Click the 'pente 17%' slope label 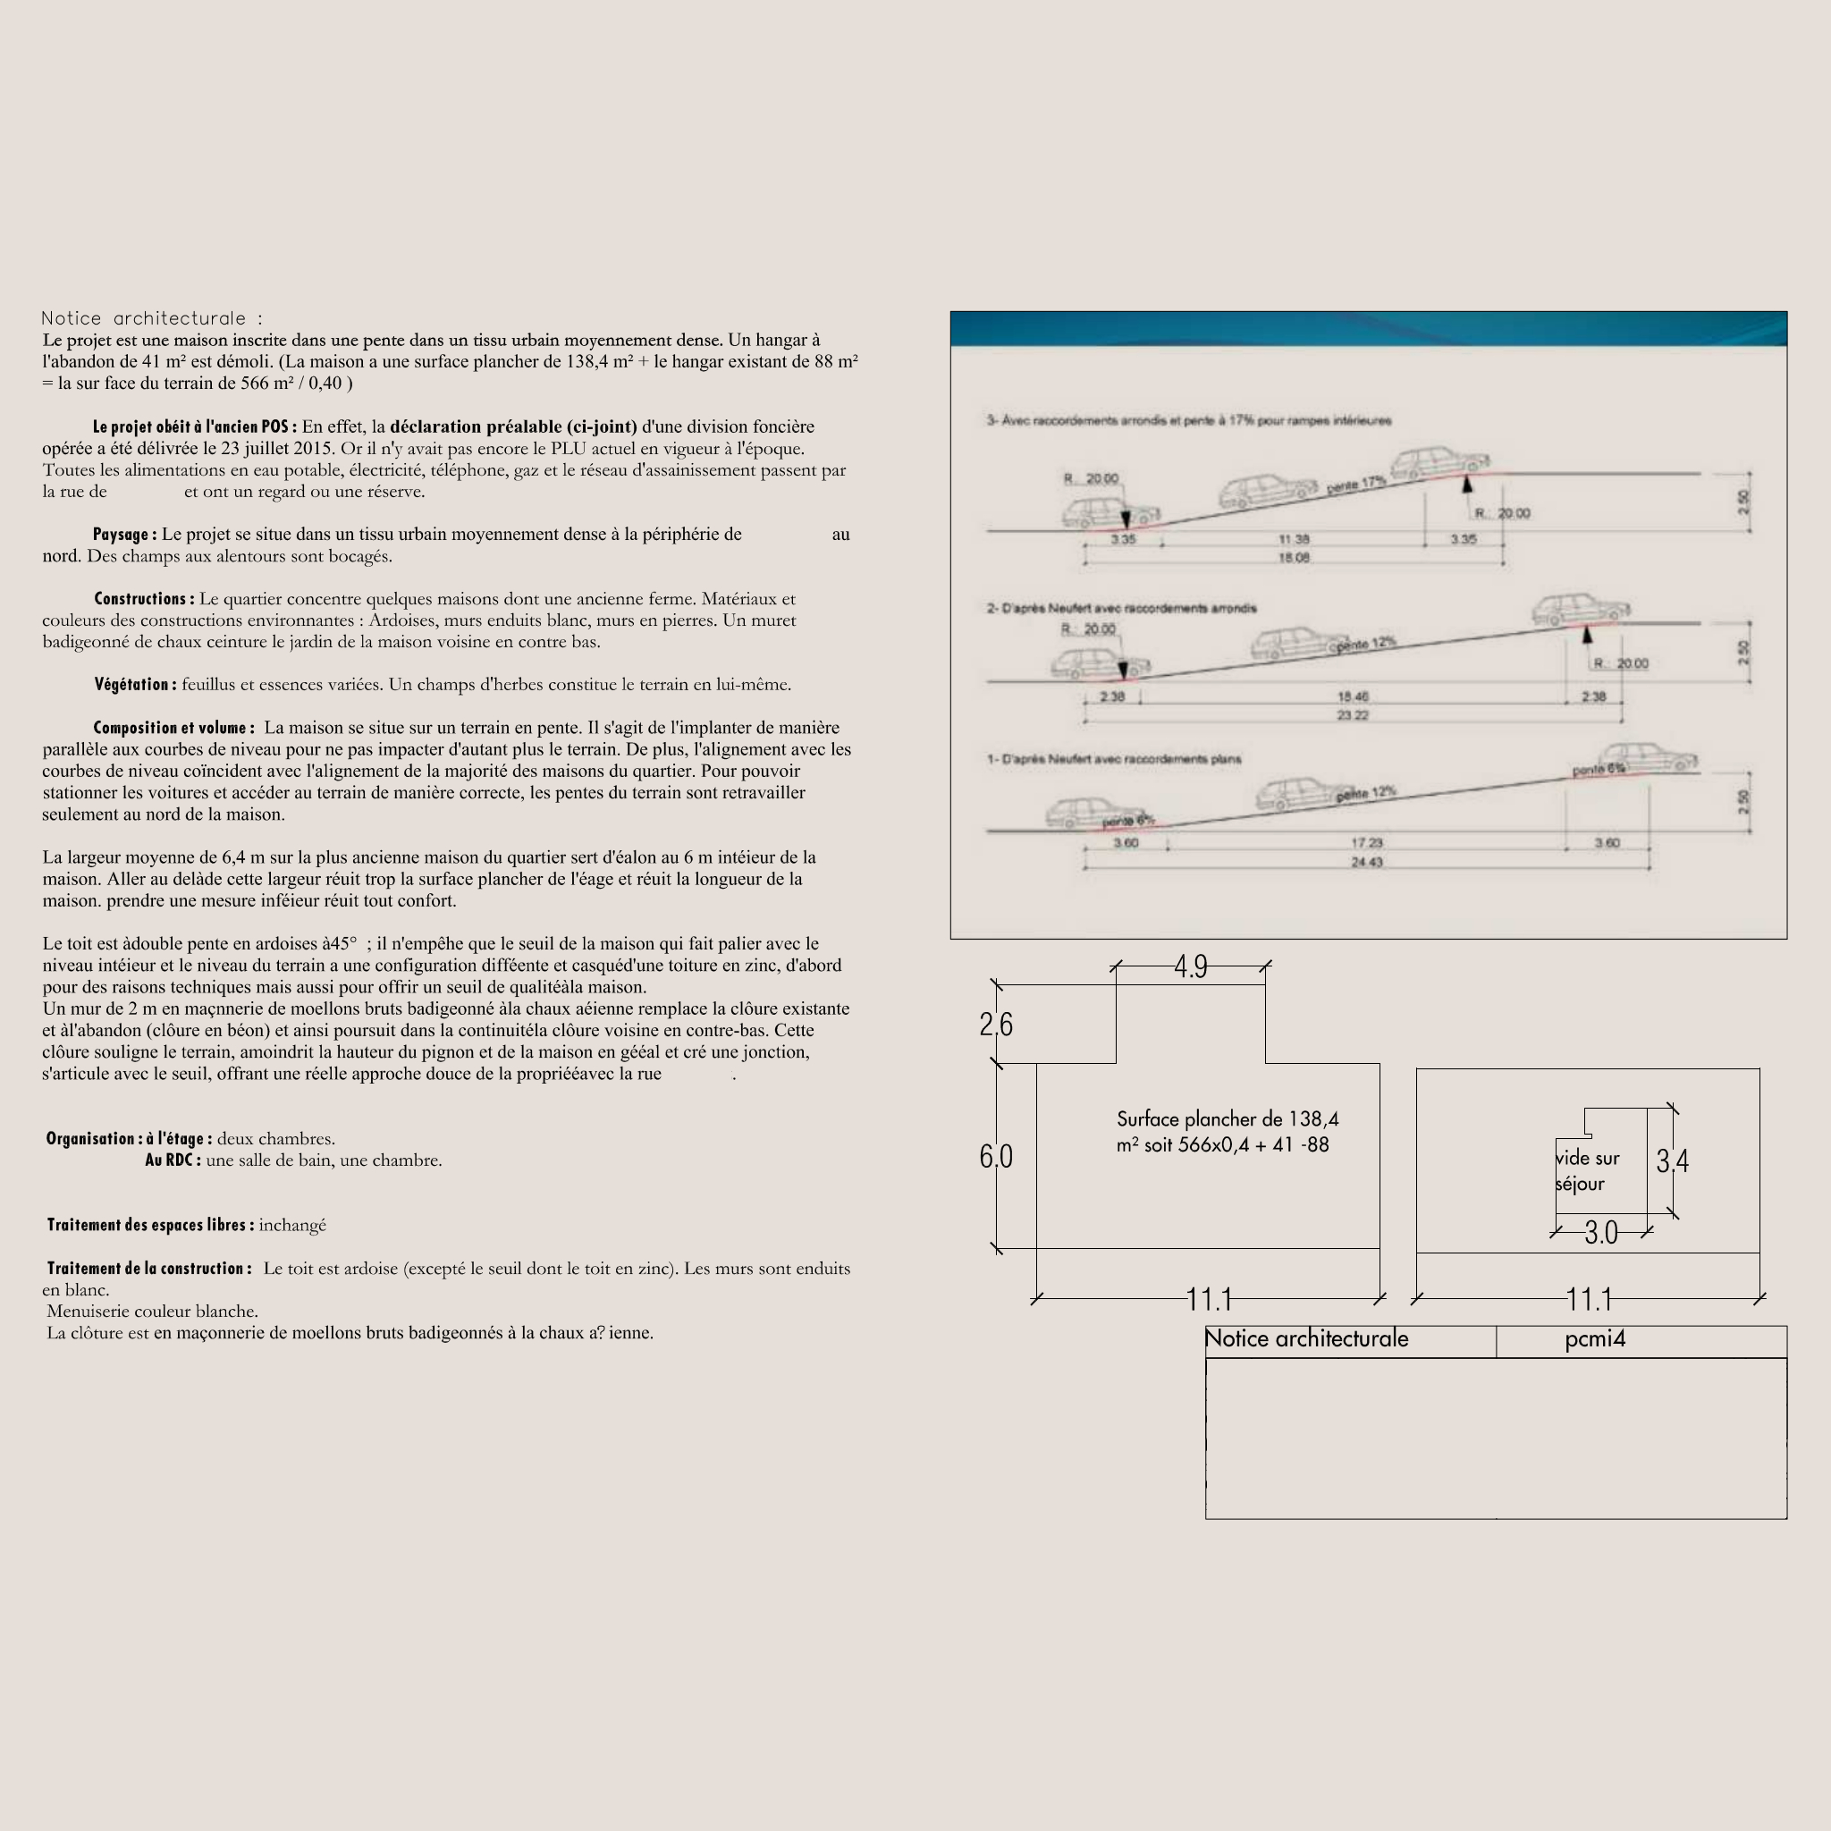pyautogui.click(x=1356, y=484)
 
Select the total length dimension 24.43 pyautogui.click(x=1367, y=863)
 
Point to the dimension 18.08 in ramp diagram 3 pyautogui.click(x=1294, y=558)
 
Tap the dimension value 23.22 pyautogui.click(x=1353, y=715)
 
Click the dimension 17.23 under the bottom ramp pyautogui.click(x=1367, y=842)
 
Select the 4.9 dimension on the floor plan pyautogui.click(x=1190, y=966)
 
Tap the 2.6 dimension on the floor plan pyautogui.click(x=996, y=1025)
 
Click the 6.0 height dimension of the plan pyautogui.click(x=996, y=1156)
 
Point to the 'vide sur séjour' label pyautogui.click(x=1588, y=1170)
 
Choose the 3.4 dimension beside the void pyautogui.click(x=1673, y=1161)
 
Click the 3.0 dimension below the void pyautogui.click(x=1601, y=1233)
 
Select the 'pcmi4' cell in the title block pyautogui.click(x=1595, y=1339)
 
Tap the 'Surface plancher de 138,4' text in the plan pyautogui.click(x=1228, y=1119)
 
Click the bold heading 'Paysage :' pyautogui.click(x=124, y=535)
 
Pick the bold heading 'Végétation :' pyautogui.click(x=135, y=684)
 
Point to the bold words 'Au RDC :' pyautogui.click(x=173, y=1160)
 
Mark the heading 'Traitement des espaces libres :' pyautogui.click(x=149, y=1225)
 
